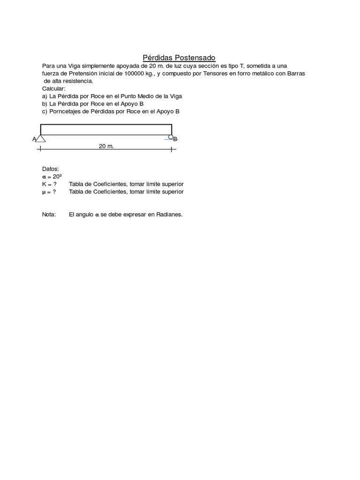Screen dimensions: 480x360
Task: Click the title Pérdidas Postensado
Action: (179, 58)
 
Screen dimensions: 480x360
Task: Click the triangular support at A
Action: (41, 138)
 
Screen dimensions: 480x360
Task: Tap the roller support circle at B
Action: (171, 137)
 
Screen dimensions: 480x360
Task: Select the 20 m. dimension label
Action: (106, 146)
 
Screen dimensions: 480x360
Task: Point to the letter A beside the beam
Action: (34, 139)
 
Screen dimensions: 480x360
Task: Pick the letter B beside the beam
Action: (175, 139)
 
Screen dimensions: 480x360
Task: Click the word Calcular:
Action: (54, 89)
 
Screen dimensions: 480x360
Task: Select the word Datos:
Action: (51, 169)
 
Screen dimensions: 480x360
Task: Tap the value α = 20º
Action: (52, 177)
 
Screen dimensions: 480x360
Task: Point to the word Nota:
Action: (49, 214)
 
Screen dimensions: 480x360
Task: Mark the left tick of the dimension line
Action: (40, 150)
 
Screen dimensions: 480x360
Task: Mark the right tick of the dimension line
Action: (172, 150)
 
